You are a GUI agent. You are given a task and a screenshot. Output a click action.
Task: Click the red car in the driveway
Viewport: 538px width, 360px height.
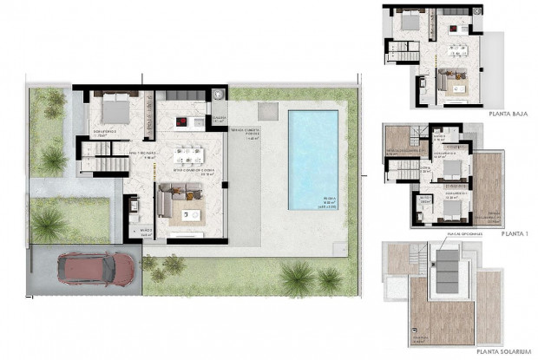click(x=97, y=268)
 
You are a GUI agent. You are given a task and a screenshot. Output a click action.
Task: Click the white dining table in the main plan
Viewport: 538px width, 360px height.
click(x=193, y=155)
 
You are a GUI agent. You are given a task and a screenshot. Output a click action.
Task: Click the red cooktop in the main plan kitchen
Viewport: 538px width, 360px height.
click(x=182, y=121)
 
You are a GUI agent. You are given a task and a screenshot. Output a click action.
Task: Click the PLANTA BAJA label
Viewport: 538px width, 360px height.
click(x=508, y=113)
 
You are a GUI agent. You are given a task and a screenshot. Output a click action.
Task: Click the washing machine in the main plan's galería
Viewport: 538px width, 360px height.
click(x=218, y=95)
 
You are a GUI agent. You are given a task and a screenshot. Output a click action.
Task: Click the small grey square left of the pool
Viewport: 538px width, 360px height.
click(x=267, y=112)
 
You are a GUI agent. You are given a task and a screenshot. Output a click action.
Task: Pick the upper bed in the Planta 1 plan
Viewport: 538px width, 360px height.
click(x=453, y=166)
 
